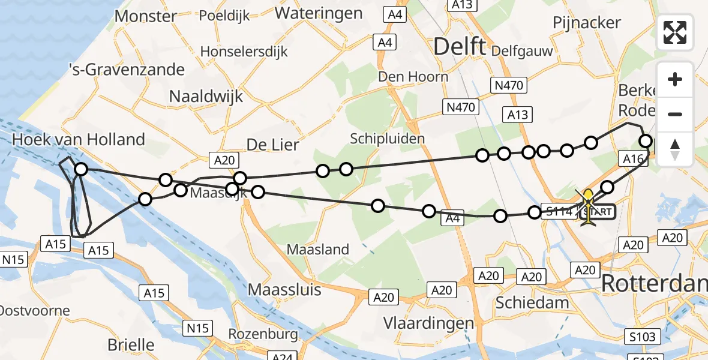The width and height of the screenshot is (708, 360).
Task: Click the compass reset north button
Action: tap(675, 149)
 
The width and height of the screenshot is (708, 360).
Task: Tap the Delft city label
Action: tap(459, 46)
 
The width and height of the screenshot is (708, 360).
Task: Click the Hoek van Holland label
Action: tap(79, 140)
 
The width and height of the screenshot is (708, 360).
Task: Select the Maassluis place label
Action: tap(285, 290)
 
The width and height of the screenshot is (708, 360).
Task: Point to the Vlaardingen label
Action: tap(428, 323)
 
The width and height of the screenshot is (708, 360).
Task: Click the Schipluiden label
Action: tap(388, 139)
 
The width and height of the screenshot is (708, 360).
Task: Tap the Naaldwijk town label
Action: tap(206, 96)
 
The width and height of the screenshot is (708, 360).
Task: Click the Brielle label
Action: tap(131, 345)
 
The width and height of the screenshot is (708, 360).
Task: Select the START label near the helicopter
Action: tap(598, 212)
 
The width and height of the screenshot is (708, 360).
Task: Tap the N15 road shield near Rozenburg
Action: tap(197, 328)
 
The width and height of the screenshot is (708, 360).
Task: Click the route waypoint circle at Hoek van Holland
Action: tap(80, 170)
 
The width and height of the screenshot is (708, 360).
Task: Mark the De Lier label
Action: tap(272, 145)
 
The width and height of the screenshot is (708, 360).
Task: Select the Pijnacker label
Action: tap(587, 23)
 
